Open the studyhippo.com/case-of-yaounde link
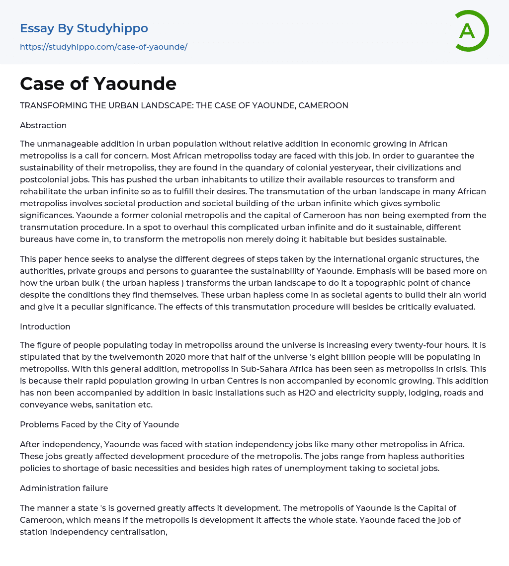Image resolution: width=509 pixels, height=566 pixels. [103, 47]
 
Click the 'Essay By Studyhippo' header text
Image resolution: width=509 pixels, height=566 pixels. [84, 28]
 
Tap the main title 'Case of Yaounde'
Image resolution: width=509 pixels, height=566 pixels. [98, 83]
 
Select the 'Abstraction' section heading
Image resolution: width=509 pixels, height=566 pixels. [43, 125]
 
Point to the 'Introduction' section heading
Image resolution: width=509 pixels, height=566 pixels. [45, 326]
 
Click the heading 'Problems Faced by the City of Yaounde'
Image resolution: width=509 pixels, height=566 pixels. [99, 424]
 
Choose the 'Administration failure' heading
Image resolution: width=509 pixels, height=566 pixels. [64, 488]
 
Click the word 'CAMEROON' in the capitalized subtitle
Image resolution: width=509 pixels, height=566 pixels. [324, 105]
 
